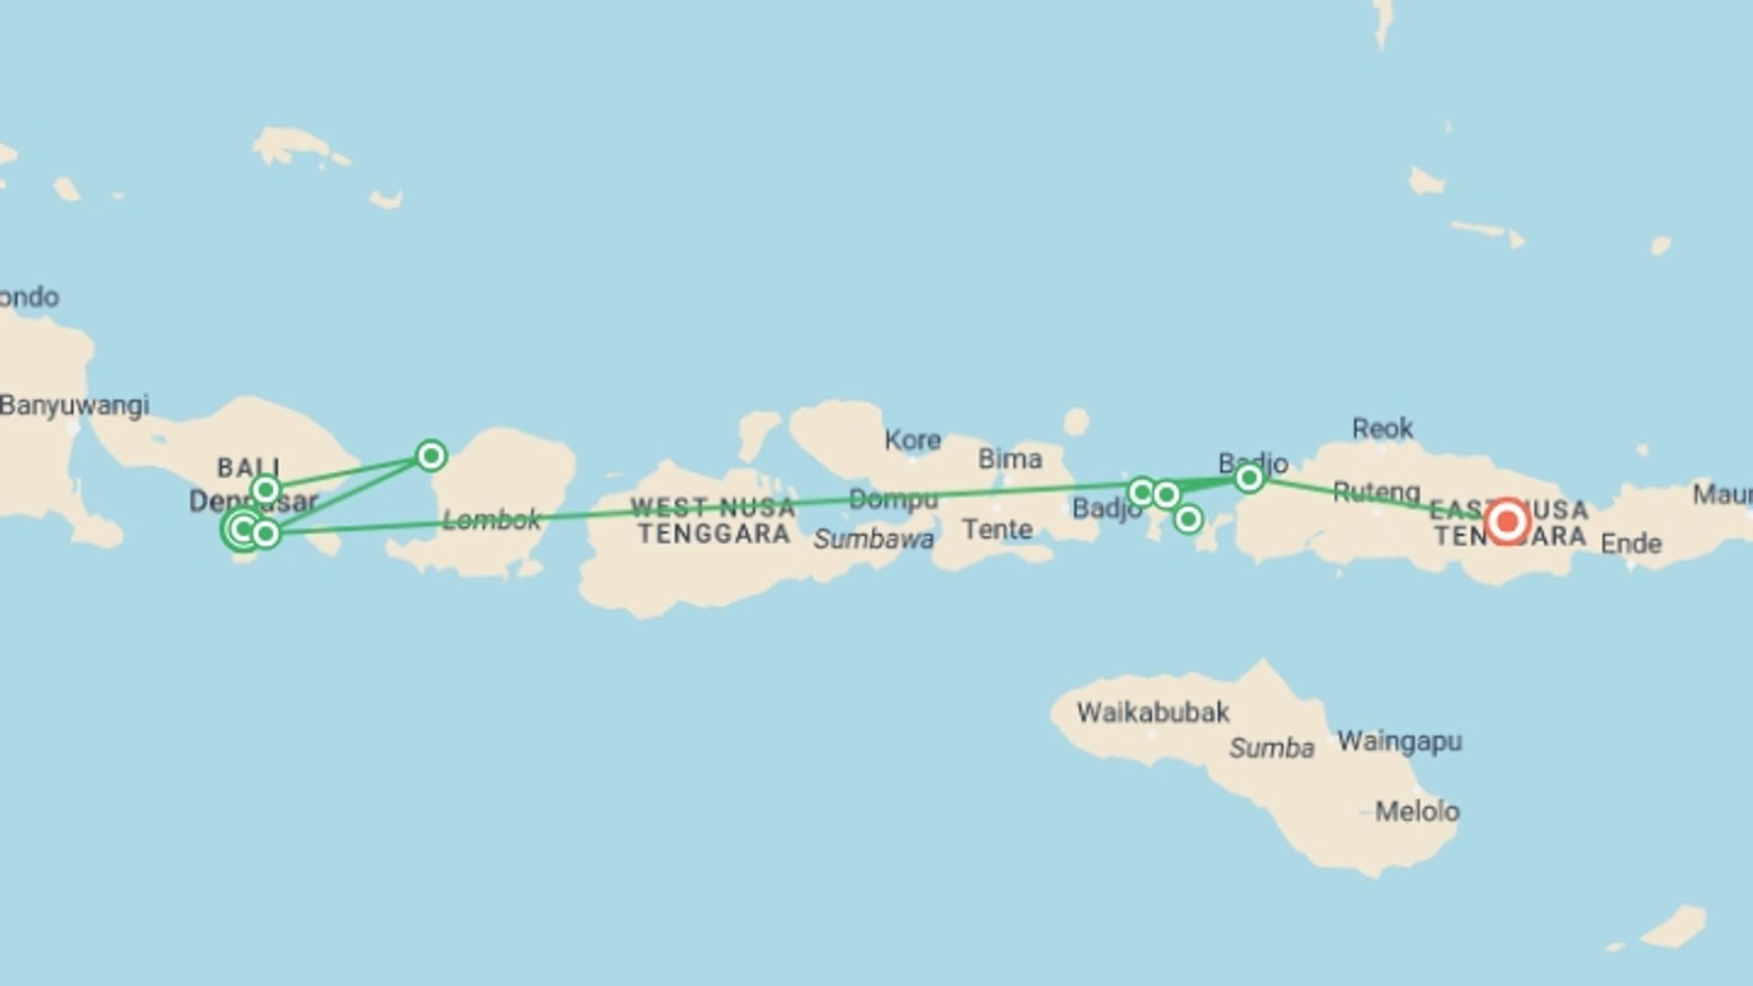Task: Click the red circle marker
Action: [1506, 522]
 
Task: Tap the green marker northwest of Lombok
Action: [431, 455]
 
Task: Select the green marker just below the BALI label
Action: [266, 490]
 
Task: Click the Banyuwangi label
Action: [75, 405]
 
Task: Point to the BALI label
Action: [247, 467]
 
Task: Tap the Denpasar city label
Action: [253, 501]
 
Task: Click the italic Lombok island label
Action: [491, 520]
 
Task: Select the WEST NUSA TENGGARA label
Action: [712, 520]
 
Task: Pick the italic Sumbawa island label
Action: [873, 540]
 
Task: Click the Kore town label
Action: [912, 440]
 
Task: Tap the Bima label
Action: [1009, 458]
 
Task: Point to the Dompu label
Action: [893, 499]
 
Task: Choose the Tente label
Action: [997, 530]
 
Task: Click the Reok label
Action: [1382, 428]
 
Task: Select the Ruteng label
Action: [1376, 493]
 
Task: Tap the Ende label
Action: [1631, 544]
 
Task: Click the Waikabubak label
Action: [1152, 712]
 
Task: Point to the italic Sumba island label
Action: [1271, 749]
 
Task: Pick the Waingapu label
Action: [1399, 741]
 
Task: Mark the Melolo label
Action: [1417, 811]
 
